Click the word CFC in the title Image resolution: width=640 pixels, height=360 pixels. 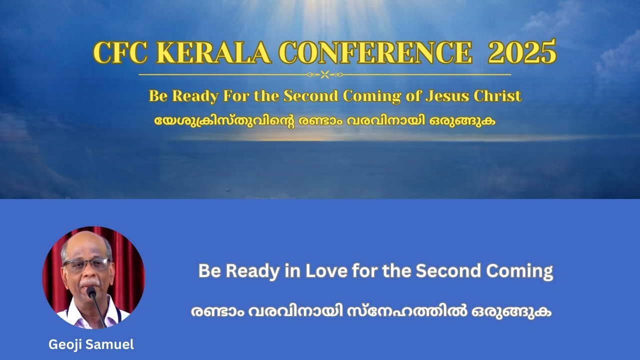pos(120,52)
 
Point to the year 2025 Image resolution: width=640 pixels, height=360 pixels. pos(521,52)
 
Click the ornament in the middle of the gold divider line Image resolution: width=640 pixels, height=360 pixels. pos(324,74)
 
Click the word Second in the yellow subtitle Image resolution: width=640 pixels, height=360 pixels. pos(310,95)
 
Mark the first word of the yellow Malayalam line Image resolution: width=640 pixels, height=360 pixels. pos(223,121)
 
